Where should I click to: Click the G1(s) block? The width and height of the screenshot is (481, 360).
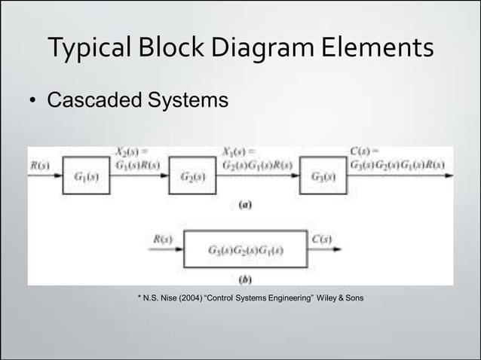coord(84,178)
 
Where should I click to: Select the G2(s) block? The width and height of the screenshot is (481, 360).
coord(191,178)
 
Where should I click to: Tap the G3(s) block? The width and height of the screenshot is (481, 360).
coord(323,178)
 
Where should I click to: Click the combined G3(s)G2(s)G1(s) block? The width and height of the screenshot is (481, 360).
coord(246,250)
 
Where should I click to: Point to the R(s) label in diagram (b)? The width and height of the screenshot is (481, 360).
coord(162,239)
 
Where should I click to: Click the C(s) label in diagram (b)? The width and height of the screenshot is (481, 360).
coord(322,239)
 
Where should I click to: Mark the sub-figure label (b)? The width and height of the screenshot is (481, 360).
coord(245,279)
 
